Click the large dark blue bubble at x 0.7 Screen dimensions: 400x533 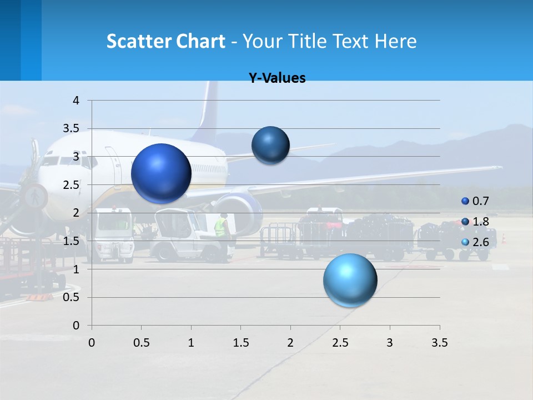[162, 173]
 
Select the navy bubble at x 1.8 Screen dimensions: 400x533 [270, 145]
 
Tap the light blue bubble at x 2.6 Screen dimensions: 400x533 [350, 280]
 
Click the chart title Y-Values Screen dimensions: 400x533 [277, 78]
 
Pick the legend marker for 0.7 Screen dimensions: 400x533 [465, 201]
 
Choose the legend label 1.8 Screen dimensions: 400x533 [481, 222]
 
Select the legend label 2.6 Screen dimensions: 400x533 [481, 242]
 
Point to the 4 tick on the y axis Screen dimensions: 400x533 [77, 101]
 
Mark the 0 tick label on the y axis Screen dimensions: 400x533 [77, 325]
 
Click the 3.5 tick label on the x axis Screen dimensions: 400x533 [439, 343]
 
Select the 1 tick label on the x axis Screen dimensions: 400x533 [191, 343]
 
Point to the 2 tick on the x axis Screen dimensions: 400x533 [290, 343]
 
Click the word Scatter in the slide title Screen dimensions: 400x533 [138, 41]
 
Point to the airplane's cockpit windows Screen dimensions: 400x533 [53, 161]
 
